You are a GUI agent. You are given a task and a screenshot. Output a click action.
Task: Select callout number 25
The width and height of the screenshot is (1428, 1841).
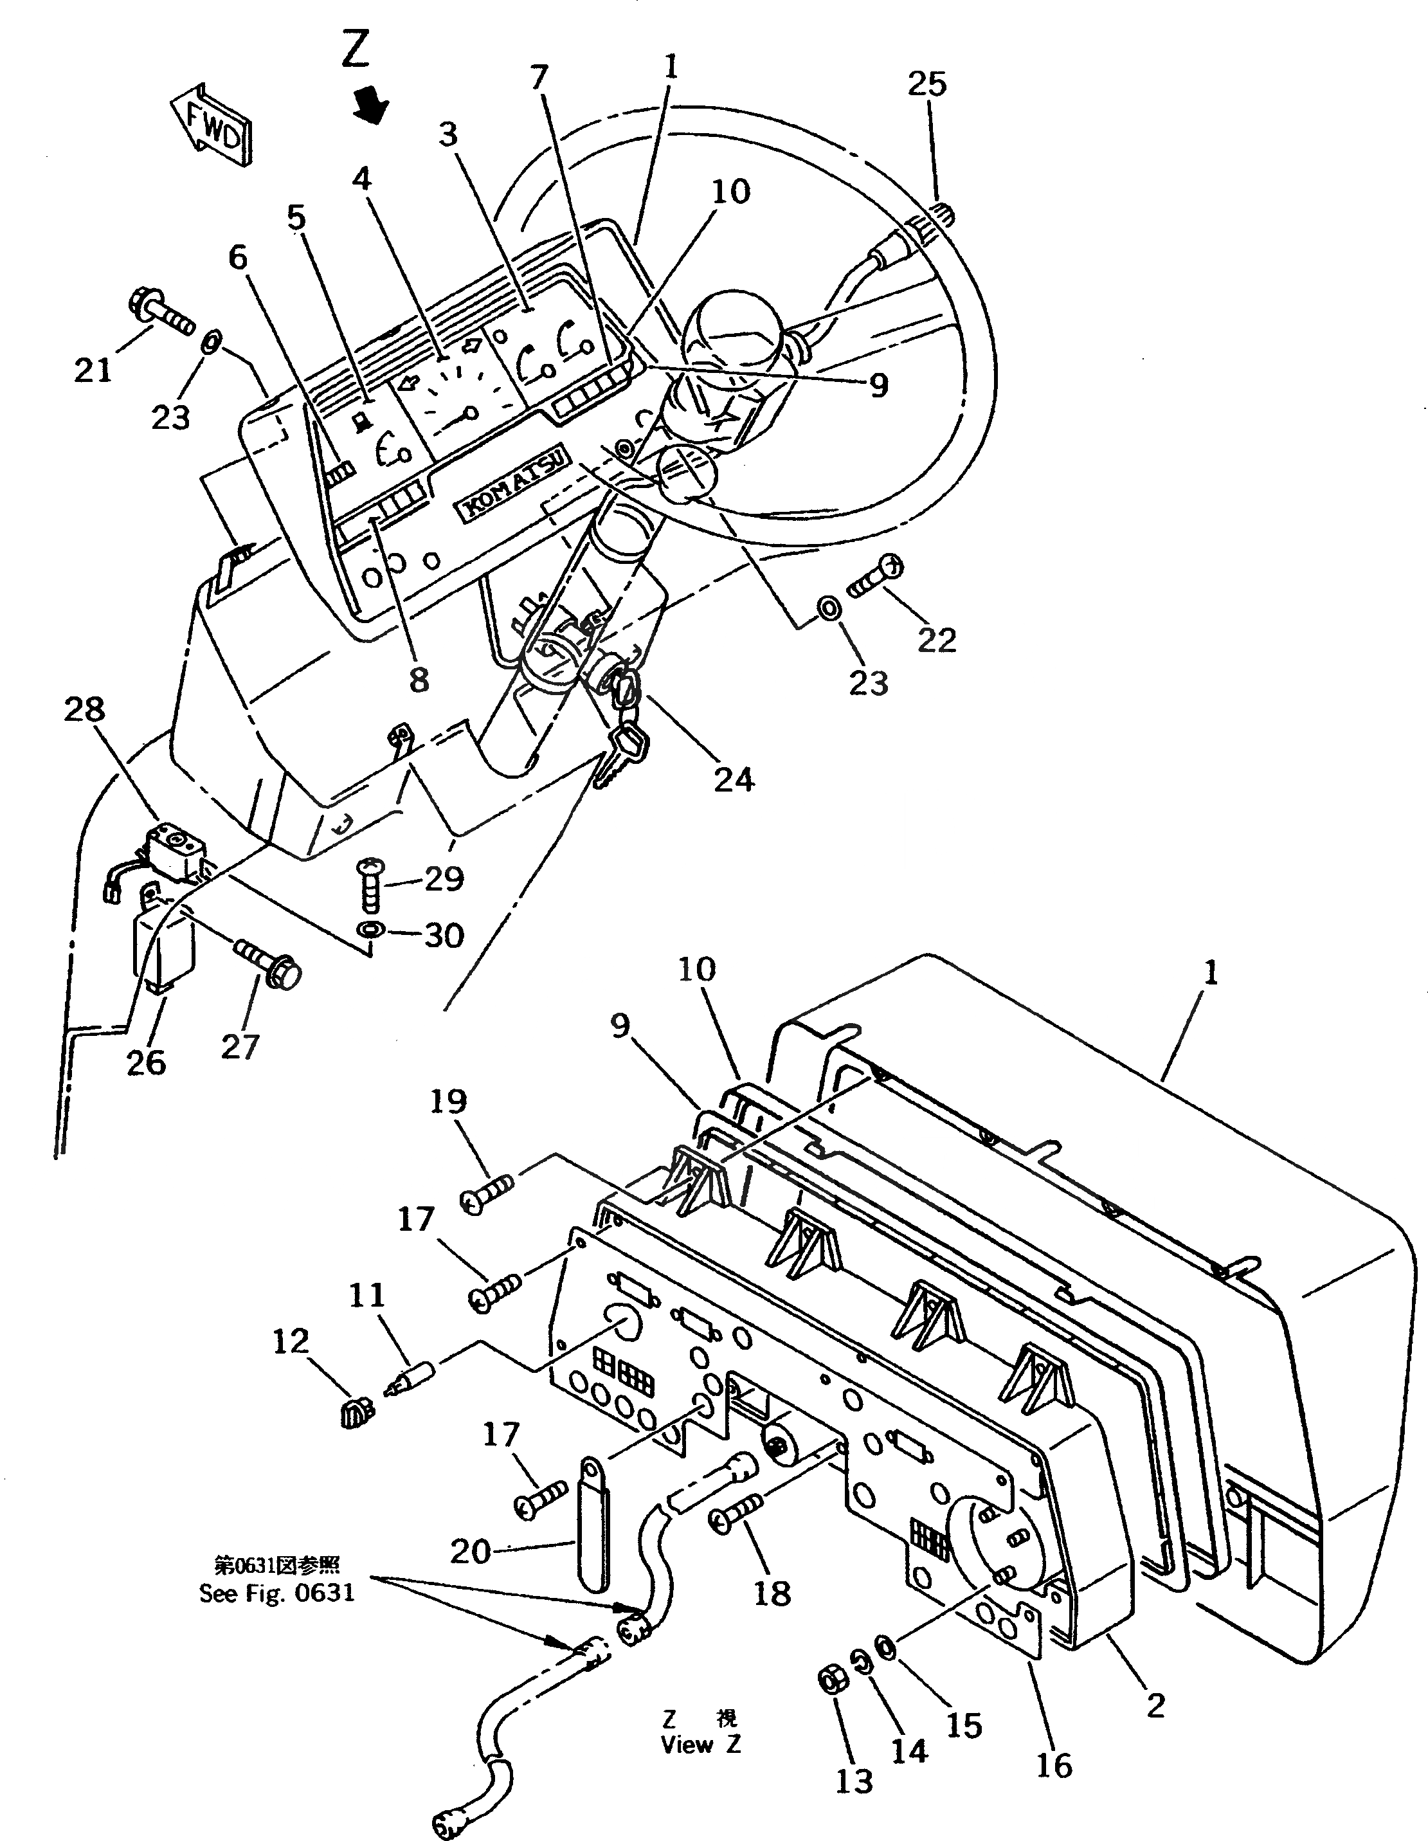[x=927, y=84]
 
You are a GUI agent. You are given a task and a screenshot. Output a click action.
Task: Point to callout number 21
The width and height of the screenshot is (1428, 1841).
[x=93, y=369]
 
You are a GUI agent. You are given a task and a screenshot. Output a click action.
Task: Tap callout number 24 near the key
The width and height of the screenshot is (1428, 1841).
[x=734, y=780]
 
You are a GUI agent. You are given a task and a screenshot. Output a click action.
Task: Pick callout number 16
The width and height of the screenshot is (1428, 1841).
[x=1054, y=1765]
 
